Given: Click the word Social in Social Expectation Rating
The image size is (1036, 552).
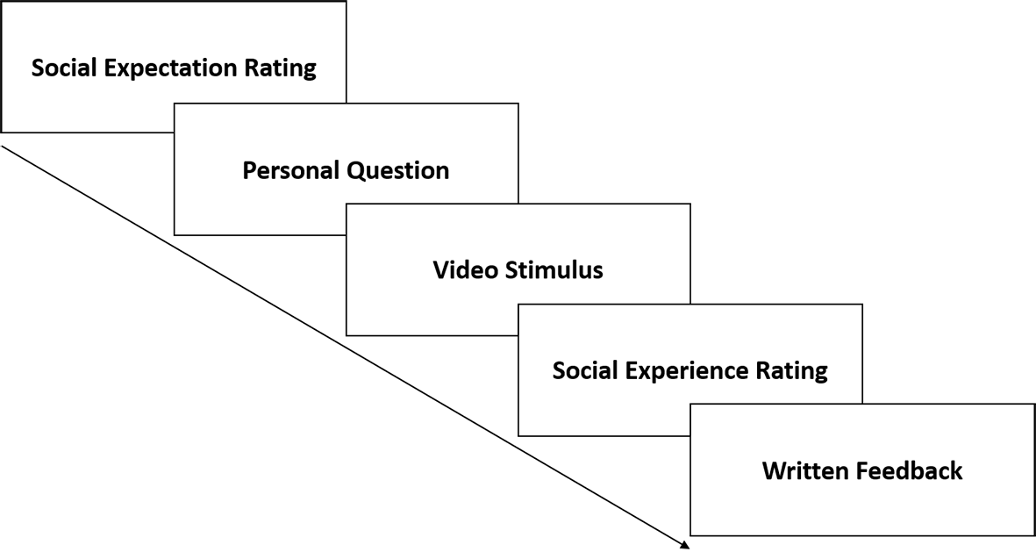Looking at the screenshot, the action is click(61, 68).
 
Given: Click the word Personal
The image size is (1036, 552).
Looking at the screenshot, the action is click(291, 170).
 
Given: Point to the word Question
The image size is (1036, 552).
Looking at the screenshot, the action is click(398, 170).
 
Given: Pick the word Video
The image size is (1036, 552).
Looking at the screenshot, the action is click(465, 269).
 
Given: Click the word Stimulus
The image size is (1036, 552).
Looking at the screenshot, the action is click(554, 269).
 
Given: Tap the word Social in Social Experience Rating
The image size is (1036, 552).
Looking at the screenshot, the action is click(582, 370).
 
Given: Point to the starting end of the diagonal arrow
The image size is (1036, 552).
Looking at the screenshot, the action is click(2, 146).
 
